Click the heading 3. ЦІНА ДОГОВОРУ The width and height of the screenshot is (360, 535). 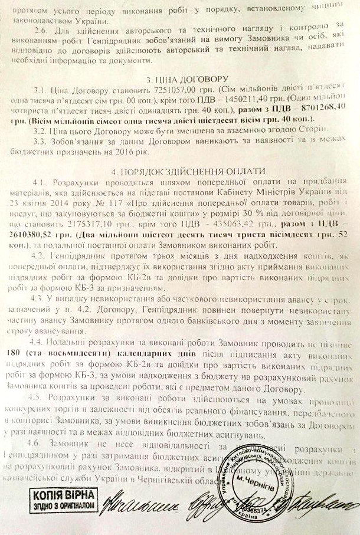180,79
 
